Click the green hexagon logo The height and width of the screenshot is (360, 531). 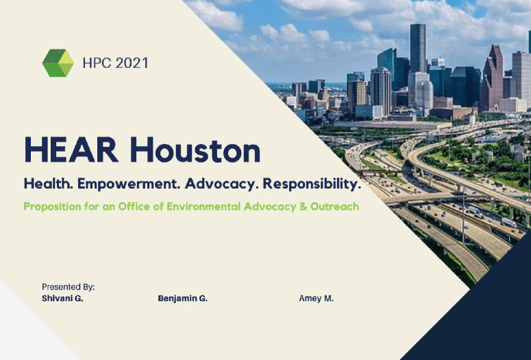pos(58,63)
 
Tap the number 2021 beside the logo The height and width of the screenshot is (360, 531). pos(132,63)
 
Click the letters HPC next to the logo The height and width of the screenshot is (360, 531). pos(97,63)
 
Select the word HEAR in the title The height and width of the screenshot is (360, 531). pos(71,150)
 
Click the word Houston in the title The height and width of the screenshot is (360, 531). pos(195,150)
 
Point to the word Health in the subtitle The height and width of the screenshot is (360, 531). pos(48,184)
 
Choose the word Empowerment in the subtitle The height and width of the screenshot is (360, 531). pos(129,184)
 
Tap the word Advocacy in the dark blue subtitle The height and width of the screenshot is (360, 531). pos(222,184)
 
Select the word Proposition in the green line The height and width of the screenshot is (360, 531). pos(53,206)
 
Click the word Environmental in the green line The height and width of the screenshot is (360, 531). pos(203,206)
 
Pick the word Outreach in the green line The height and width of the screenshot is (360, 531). pos(334,206)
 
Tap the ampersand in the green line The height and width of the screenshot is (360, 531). pos(303,206)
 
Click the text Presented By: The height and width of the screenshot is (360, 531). pos(68,287)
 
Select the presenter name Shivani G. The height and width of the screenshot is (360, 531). pos(62,298)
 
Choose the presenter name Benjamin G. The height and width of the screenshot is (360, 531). pos(182,299)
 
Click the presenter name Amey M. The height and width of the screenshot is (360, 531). pos(316,299)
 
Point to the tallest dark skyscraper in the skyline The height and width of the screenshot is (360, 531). pos(418,48)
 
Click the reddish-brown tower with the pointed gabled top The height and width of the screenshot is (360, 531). pos(492,77)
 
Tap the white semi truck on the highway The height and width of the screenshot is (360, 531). pos(509,222)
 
